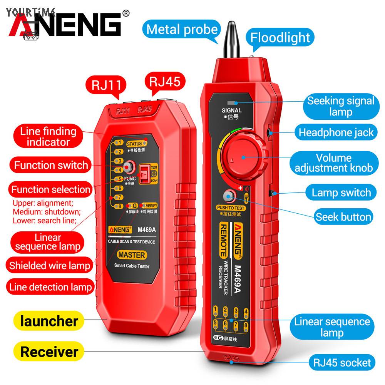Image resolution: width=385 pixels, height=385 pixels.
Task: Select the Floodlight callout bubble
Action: click(x=280, y=38)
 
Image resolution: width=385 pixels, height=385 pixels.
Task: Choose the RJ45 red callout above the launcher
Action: click(x=161, y=82)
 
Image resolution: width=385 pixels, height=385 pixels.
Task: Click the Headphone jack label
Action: click(x=336, y=132)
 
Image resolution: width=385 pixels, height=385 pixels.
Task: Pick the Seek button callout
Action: click(x=343, y=217)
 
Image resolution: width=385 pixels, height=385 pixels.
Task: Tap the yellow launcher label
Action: click(x=49, y=321)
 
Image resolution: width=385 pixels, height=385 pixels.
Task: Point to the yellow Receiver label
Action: click(x=49, y=352)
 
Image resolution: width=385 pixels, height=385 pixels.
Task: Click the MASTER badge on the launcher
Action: click(x=132, y=255)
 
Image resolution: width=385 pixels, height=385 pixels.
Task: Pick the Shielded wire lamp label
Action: click(x=50, y=265)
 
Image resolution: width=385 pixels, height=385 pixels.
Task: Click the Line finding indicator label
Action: click(x=48, y=136)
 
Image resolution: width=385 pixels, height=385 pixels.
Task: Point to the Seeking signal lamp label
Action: click(x=340, y=106)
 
